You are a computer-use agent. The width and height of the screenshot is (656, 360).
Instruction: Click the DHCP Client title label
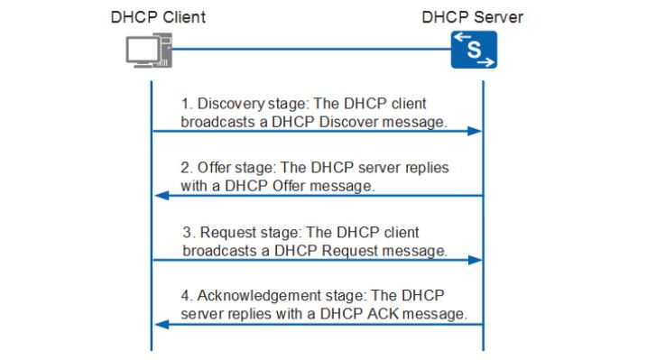coord(158,17)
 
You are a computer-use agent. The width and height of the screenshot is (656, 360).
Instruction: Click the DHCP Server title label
coord(472,17)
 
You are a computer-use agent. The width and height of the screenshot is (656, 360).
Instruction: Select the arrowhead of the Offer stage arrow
coord(162,195)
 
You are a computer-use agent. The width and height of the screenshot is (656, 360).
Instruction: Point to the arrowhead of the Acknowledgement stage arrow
coord(162,323)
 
